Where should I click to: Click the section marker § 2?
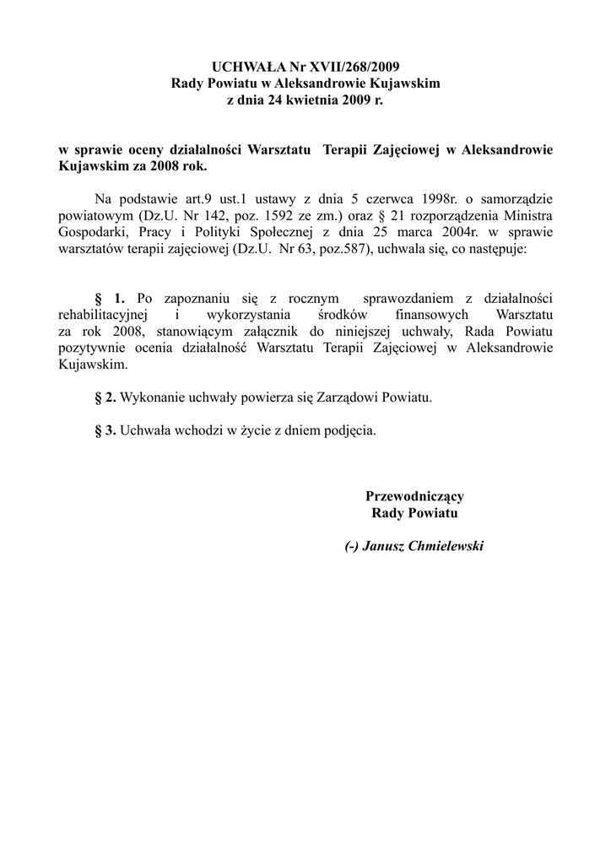105,397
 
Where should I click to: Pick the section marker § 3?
105,429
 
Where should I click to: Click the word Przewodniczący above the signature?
414,496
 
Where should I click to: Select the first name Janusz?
385,546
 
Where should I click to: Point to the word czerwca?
391,200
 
